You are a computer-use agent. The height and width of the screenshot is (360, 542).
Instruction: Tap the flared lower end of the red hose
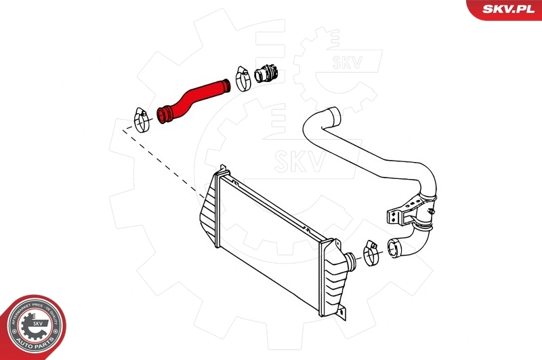165,115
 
